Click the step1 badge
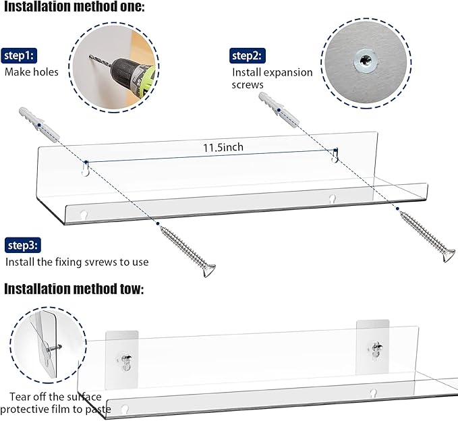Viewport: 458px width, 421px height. click(x=21, y=56)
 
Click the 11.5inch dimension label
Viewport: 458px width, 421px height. click(x=223, y=146)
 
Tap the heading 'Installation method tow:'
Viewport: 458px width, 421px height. click(x=74, y=289)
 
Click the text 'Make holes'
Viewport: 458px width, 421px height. click(x=32, y=72)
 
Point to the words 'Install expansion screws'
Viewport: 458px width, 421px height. click(x=272, y=78)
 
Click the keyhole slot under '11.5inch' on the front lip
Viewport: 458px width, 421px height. click(x=332, y=199)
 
